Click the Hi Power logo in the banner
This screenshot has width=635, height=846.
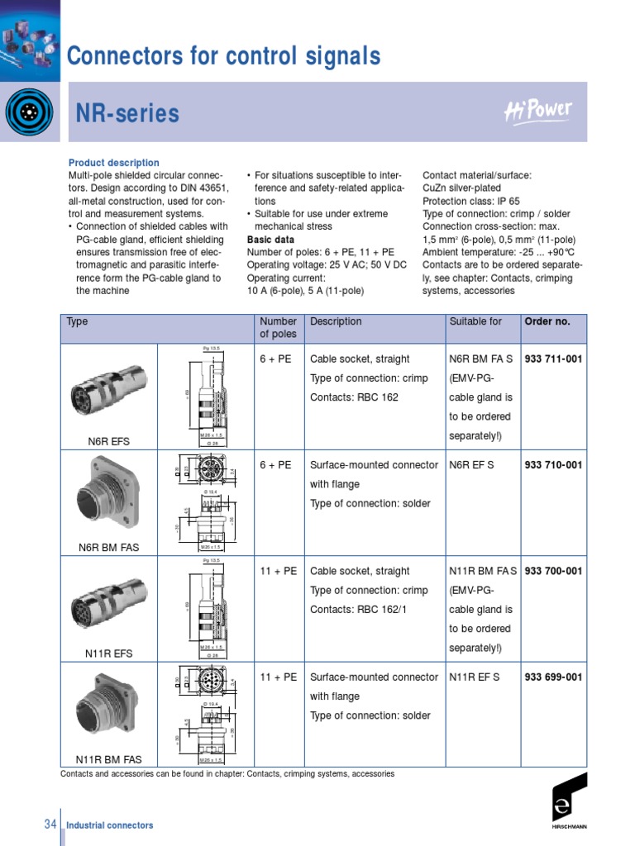(x=537, y=112)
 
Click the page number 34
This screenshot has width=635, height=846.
(x=50, y=825)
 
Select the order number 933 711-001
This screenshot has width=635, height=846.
(x=553, y=359)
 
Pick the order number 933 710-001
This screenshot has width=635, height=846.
(x=553, y=465)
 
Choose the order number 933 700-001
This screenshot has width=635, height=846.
(x=553, y=571)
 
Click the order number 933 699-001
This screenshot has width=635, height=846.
(x=553, y=677)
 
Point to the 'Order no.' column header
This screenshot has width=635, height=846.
(x=547, y=321)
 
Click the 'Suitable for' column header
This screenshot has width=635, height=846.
(x=475, y=321)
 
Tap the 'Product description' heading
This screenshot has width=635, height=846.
(x=113, y=163)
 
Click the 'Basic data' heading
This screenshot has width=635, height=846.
(x=270, y=240)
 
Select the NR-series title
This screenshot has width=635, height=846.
(x=127, y=113)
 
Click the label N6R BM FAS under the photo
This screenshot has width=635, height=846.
(x=108, y=548)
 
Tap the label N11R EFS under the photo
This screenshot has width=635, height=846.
(x=108, y=654)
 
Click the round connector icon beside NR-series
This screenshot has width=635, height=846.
(x=29, y=112)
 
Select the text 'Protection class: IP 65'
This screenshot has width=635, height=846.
(x=470, y=201)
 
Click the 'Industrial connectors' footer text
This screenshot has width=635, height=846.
(x=109, y=825)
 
